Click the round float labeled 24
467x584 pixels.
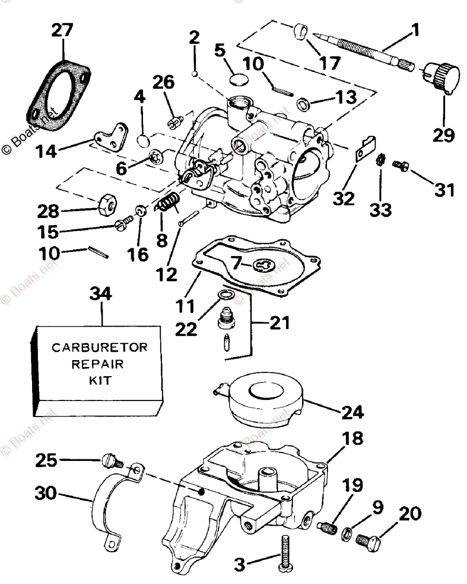pyautogui.click(x=265, y=397)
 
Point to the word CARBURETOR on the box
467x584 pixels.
pyautogui.click(x=99, y=348)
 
